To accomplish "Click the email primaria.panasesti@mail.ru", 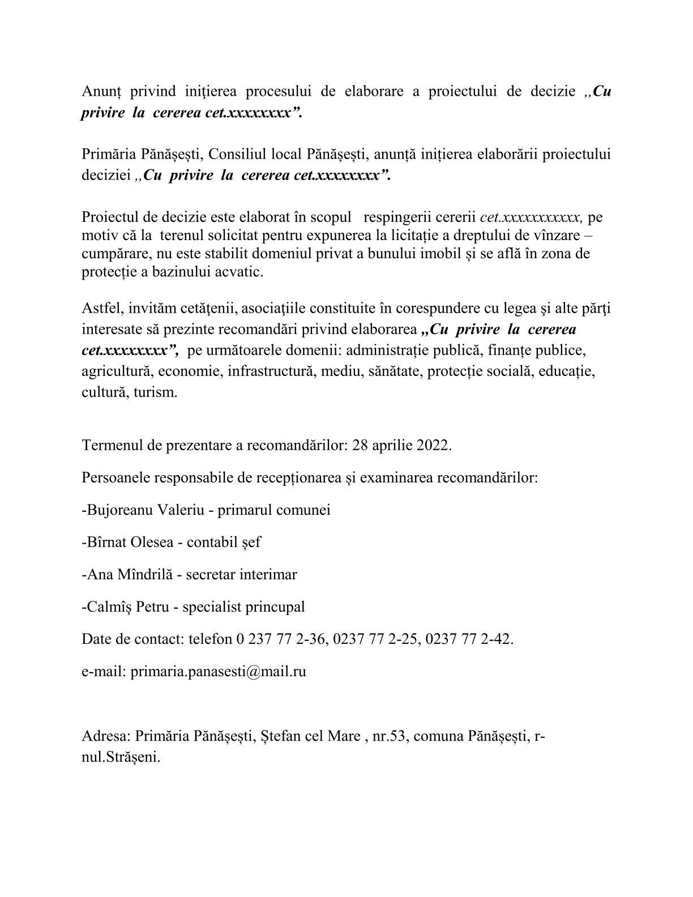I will point(218,672).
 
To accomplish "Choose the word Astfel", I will point(102,309).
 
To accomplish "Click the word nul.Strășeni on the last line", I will point(121,757).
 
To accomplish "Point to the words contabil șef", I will point(224,542).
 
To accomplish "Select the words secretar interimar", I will point(241,574).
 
